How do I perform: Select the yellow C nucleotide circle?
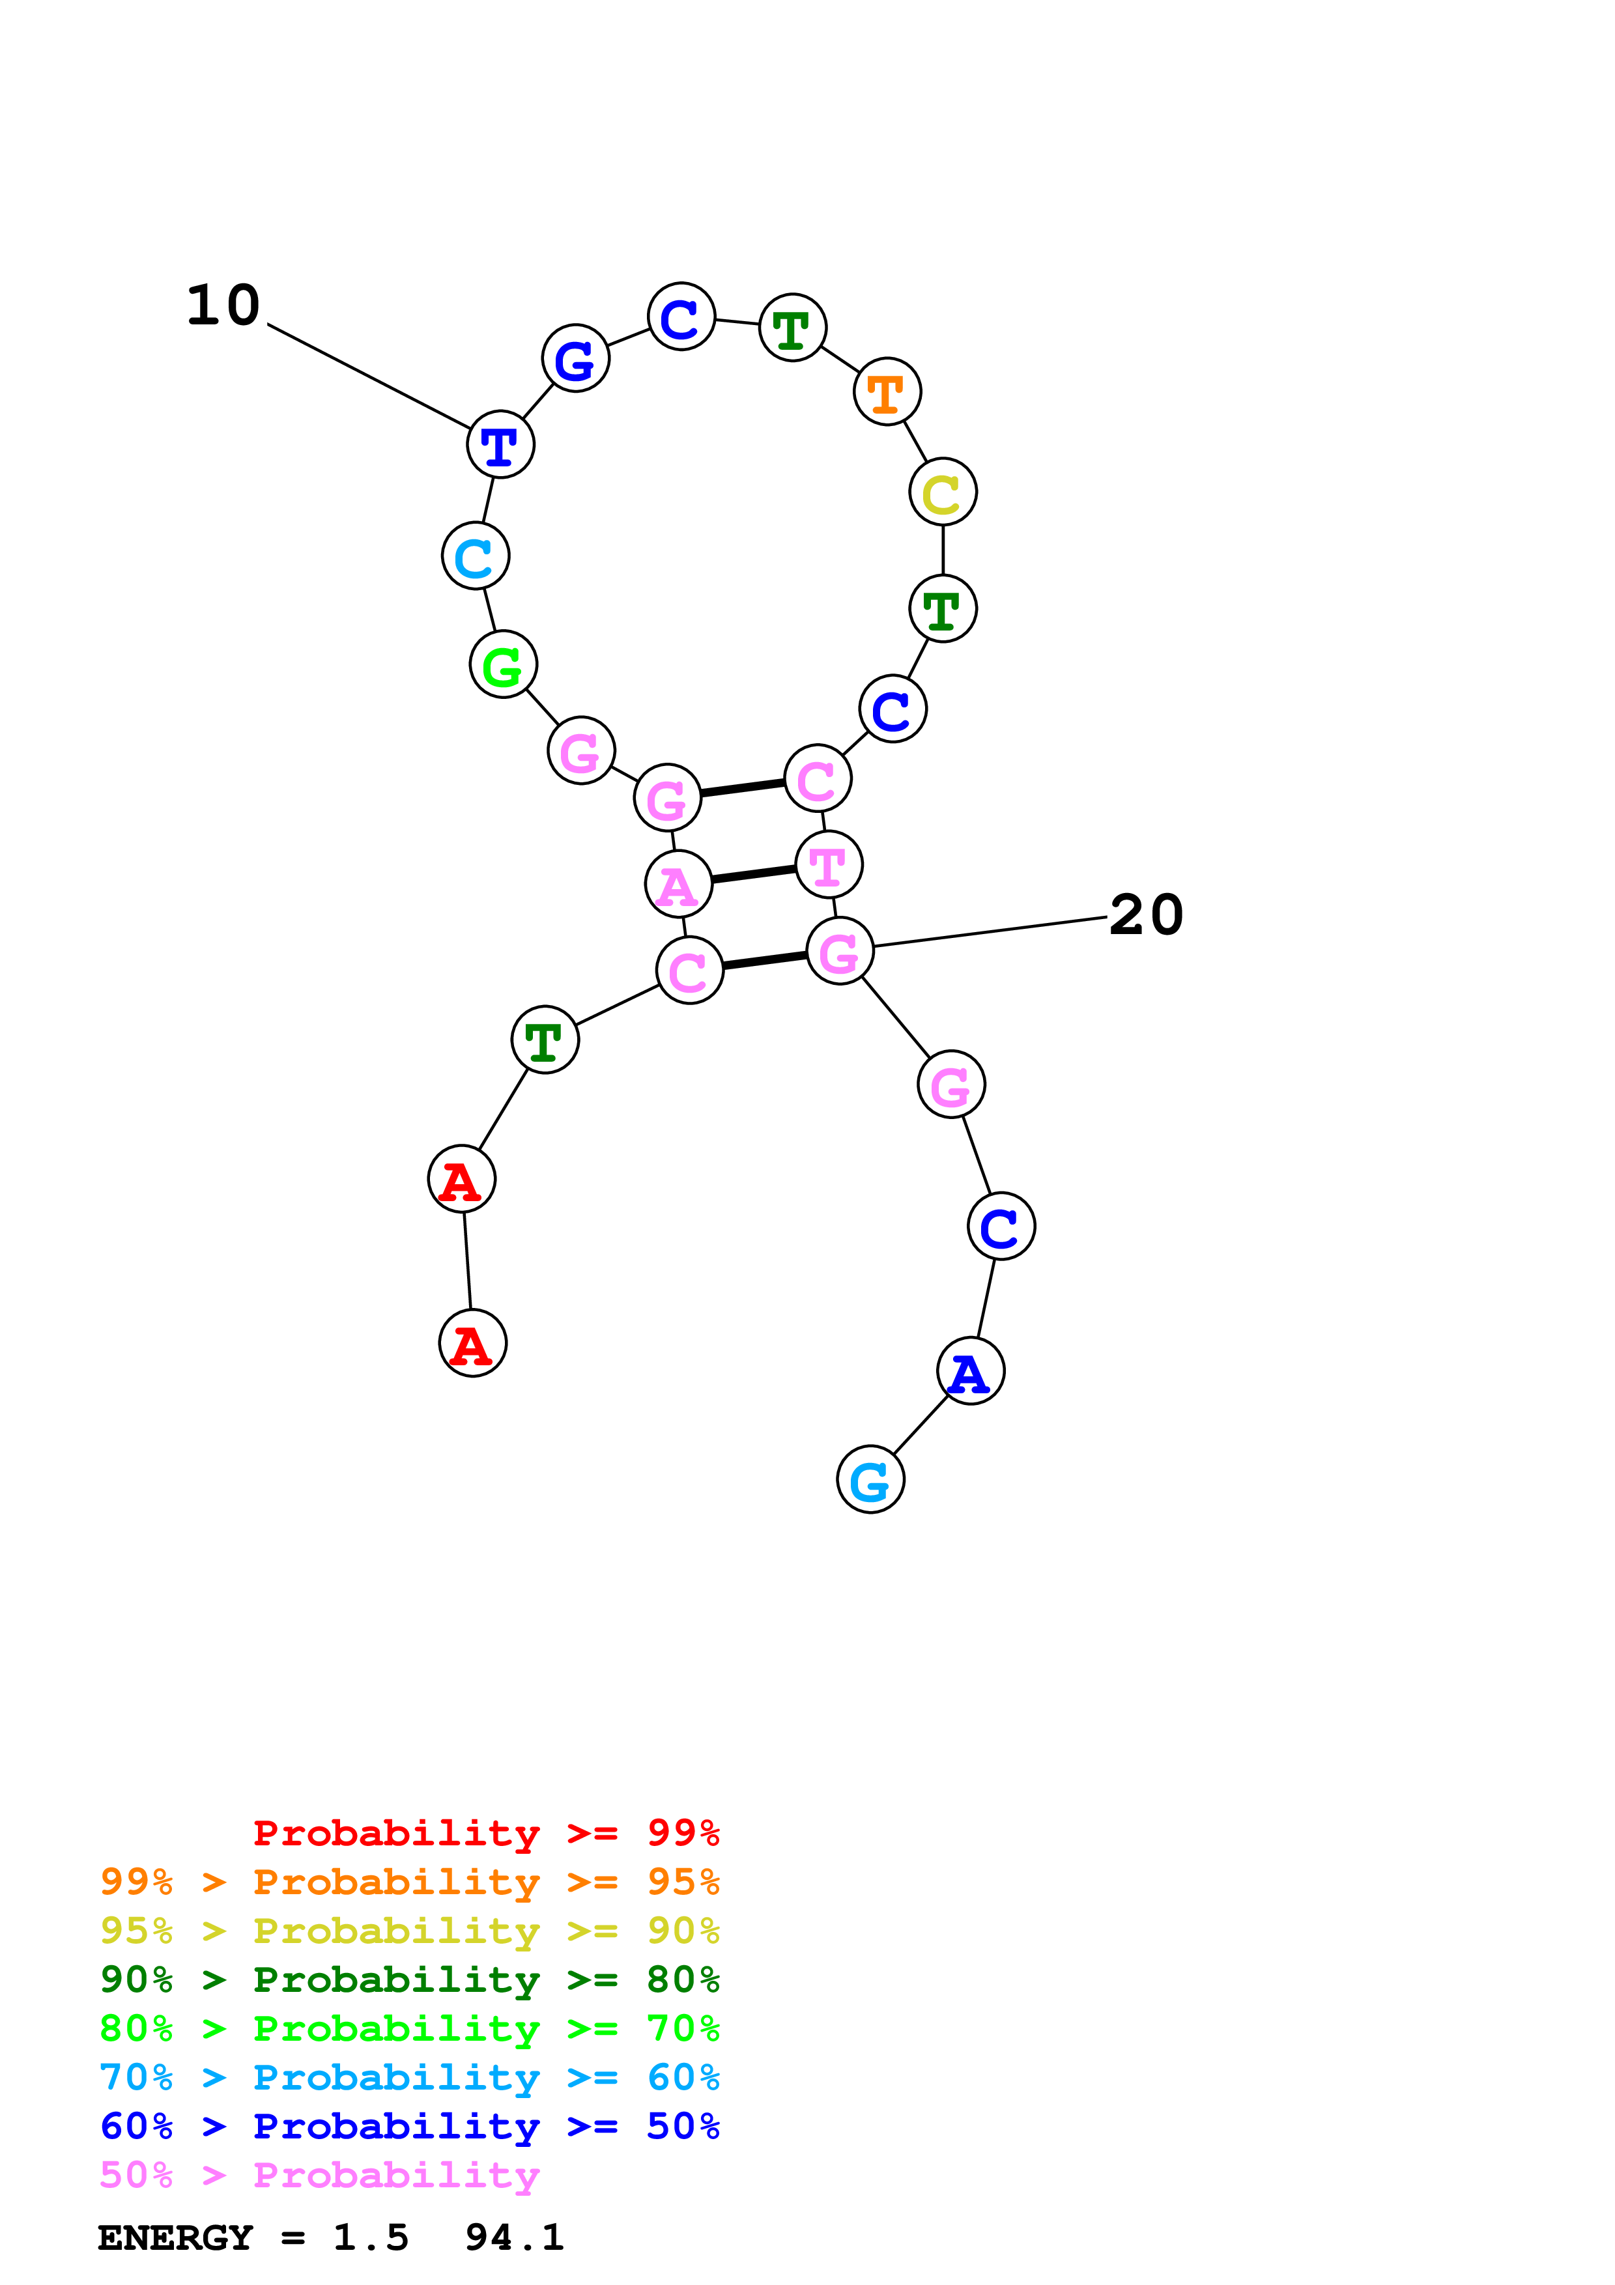pyautogui.click(x=942, y=492)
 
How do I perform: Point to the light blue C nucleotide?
pyautogui.click(x=476, y=556)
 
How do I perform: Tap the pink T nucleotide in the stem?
pyautogui.click(x=829, y=865)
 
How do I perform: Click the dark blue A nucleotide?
pyautogui.click(x=970, y=1371)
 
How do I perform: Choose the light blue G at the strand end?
pyautogui.click(x=870, y=1480)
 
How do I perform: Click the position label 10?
pyautogui.click(x=224, y=305)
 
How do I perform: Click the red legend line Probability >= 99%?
pyautogui.click(x=485, y=1833)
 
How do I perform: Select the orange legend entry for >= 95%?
pyautogui.click(x=410, y=1882)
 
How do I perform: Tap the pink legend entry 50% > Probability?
pyautogui.click(x=319, y=2176)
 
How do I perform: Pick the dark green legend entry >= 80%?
pyautogui.click(x=410, y=1980)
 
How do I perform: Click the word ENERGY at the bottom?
pyautogui.click(x=175, y=2238)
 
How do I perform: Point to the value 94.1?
pyautogui.click(x=513, y=2238)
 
